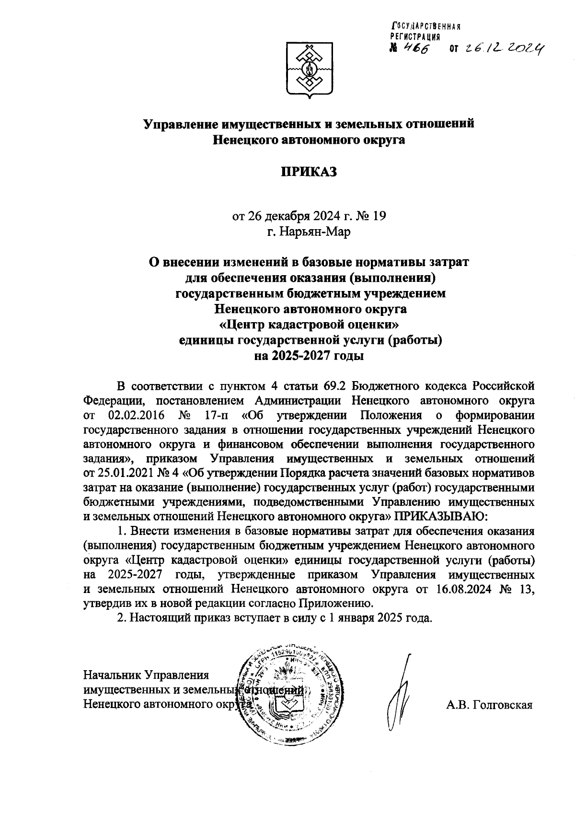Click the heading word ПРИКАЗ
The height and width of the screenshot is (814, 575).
click(x=309, y=171)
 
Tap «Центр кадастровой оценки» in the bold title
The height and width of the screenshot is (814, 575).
click(x=309, y=325)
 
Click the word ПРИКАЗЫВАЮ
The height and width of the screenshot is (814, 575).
click(x=441, y=517)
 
